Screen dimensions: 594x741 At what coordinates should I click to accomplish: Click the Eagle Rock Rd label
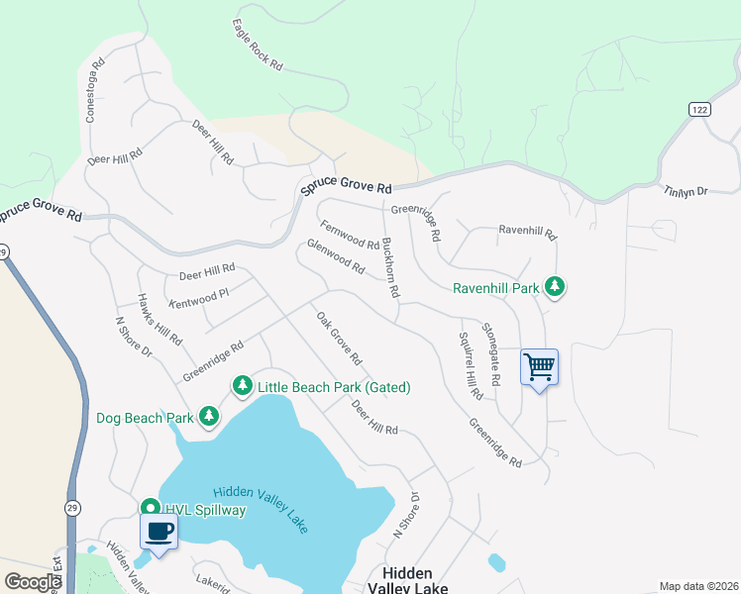pos(258,45)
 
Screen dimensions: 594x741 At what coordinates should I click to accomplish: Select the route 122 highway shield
pos(700,109)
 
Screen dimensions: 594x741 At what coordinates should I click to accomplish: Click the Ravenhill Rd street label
pos(528,233)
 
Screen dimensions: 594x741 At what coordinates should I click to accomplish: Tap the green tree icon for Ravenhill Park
pos(556,288)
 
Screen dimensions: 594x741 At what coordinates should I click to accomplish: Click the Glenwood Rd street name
pos(337,256)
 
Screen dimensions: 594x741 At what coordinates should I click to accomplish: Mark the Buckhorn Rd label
pos(390,266)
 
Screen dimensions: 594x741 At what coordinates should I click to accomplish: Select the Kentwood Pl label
pos(199,293)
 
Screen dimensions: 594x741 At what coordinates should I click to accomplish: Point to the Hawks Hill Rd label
pos(159,319)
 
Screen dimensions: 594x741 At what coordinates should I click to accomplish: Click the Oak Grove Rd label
pos(339,338)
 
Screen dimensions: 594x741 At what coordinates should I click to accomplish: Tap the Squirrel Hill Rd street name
pos(471,363)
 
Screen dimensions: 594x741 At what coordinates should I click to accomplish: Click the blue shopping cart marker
pos(539,367)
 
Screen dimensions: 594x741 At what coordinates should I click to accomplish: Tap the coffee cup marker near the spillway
pos(159,531)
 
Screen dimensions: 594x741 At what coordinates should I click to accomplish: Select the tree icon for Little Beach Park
pos(242,386)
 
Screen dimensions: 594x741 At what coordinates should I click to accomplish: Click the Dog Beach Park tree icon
pos(208,417)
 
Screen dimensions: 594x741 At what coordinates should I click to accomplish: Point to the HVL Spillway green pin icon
pos(150,507)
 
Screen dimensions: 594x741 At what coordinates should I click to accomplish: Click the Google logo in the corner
pos(32,582)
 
